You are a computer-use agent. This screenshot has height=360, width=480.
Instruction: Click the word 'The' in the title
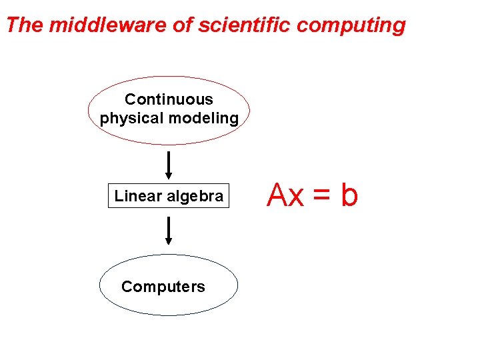[24, 25]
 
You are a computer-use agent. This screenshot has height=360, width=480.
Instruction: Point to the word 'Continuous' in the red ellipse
[169, 99]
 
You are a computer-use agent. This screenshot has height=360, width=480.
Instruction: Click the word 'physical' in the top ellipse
[132, 119]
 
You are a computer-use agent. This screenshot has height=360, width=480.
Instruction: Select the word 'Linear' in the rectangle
[138, 196]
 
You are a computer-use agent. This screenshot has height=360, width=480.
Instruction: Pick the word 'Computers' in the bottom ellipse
[163, 287]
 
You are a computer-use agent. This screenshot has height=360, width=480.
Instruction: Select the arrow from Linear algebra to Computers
[169, 230]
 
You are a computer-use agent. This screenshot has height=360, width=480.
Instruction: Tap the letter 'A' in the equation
[277, 195]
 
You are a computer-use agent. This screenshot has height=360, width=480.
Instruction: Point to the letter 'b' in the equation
[349, 195]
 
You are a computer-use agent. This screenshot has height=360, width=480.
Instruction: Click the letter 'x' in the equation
[297, 198]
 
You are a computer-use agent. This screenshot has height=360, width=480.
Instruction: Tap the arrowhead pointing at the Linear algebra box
[169, 177]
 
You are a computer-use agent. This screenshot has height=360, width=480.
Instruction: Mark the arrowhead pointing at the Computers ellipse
[169, 241]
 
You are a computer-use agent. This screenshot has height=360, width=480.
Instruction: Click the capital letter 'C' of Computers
[127, 287]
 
